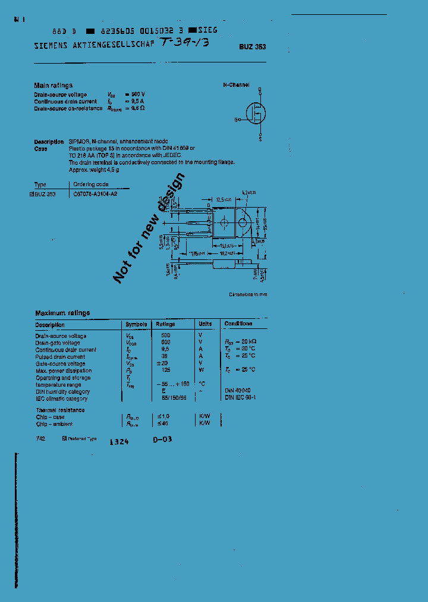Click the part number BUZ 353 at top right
(253, 47)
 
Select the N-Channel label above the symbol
(236, 85)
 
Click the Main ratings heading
(53, 86)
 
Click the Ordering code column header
(90, 184)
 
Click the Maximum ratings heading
(62, 313)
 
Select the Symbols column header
(136, 324)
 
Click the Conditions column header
(238, 324)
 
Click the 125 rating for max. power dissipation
(165, 371)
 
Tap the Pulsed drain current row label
(60, 357)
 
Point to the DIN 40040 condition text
(237, 391)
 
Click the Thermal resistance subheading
(60, 410)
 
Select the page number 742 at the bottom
(40, 438)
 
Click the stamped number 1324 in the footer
(119, 442)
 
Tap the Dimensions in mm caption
(248, 294)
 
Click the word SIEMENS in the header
(52, 45)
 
